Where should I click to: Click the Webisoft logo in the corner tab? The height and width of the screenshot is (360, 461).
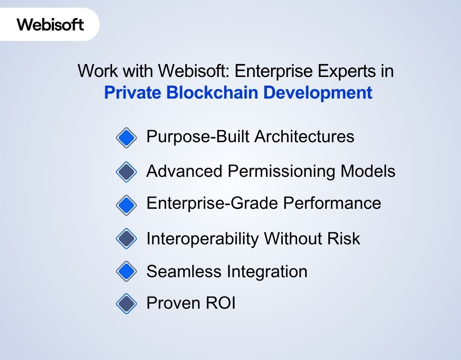point(50,24)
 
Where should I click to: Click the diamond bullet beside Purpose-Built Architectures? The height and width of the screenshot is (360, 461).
point(126,137)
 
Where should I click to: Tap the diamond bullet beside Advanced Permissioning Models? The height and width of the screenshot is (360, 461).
point(126,171)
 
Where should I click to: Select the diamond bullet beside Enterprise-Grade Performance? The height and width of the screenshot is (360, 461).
point(126,205)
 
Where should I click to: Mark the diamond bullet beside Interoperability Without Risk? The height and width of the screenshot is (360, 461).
point(126,238)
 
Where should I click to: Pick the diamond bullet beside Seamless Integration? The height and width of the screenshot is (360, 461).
point(126,271)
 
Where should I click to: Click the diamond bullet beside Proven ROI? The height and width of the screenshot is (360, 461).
point(126,304)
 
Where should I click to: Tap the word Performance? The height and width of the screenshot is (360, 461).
point(332,203)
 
